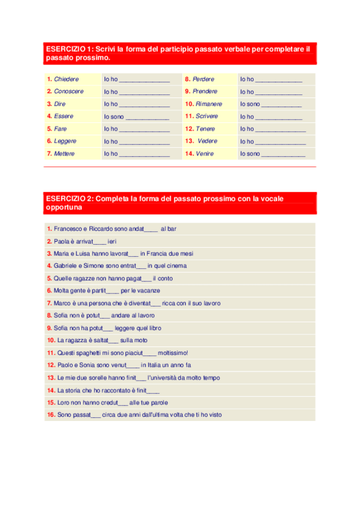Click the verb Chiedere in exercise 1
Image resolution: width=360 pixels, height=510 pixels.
[66, 79]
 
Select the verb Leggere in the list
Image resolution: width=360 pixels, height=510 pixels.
[65, 141]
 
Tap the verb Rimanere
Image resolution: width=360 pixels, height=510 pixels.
[209, 104]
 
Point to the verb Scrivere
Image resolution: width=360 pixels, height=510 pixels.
[207, 116]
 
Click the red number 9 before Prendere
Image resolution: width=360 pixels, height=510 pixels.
[187, 91]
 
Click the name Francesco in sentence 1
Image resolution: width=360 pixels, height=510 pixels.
[67, 229]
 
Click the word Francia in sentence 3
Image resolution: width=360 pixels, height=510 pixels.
[156, 254]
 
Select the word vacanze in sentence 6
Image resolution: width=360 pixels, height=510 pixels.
[148, 291]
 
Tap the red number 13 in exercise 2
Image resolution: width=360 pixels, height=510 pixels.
[50, 378]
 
